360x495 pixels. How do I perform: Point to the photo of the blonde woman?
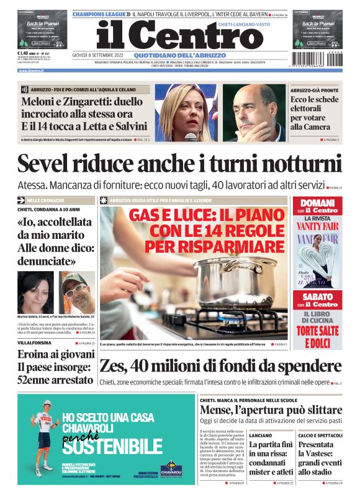183,112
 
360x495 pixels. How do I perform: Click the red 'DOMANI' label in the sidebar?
315,204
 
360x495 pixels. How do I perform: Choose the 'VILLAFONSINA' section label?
35,342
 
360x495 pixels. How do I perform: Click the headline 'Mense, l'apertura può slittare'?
270,411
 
